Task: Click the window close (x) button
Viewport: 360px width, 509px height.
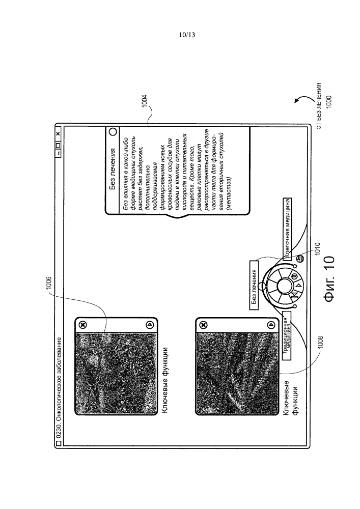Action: pos(58,134)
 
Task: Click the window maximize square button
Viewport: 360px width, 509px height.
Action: pos(58,142)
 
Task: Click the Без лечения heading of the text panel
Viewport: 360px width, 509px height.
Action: pos(113,168)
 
